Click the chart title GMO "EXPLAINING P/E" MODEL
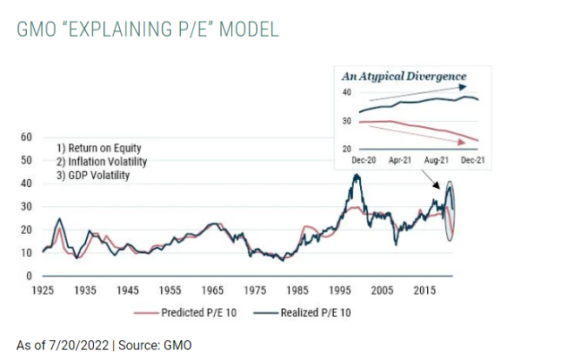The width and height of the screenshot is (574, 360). (x=149, y=29)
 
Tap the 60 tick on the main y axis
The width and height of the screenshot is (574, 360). (x=27, y=137)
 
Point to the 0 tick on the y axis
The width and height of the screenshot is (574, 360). (x=30, y=276)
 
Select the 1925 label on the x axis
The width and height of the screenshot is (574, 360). (x=42, y=291)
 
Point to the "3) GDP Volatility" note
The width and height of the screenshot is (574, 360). (x=93, y=176)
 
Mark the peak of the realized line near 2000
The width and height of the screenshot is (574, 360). (x=356, y=175)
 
